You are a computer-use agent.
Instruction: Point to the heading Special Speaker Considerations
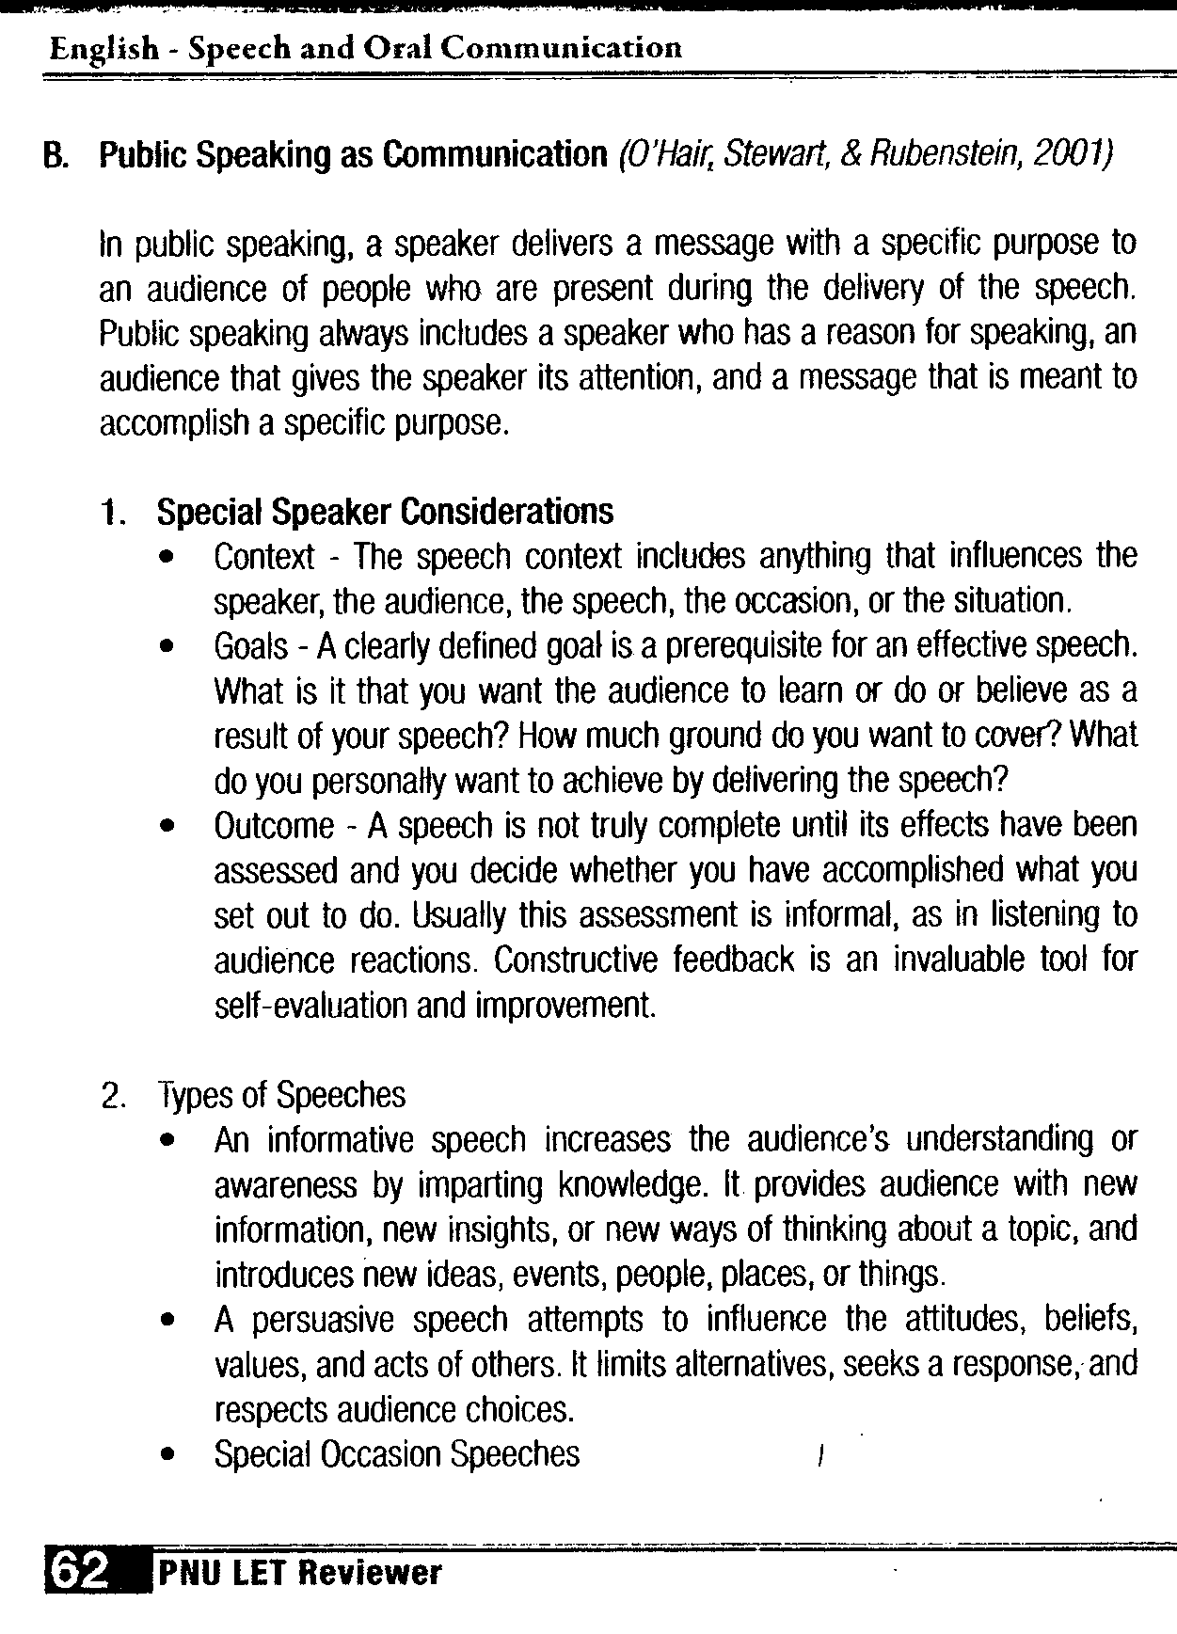tap(385, 512)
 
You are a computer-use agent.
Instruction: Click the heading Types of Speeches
tap(281, 1095)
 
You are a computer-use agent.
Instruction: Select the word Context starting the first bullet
tap(264, 557)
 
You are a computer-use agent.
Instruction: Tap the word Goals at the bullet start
tap(251, 646)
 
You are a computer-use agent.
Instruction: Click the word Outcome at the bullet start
tap(274, 826)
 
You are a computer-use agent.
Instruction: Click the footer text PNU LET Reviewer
tap(299, 1572)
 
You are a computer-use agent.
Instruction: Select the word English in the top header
tap(104, 48)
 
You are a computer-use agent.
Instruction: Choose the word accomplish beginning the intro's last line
tap(175, 423)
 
